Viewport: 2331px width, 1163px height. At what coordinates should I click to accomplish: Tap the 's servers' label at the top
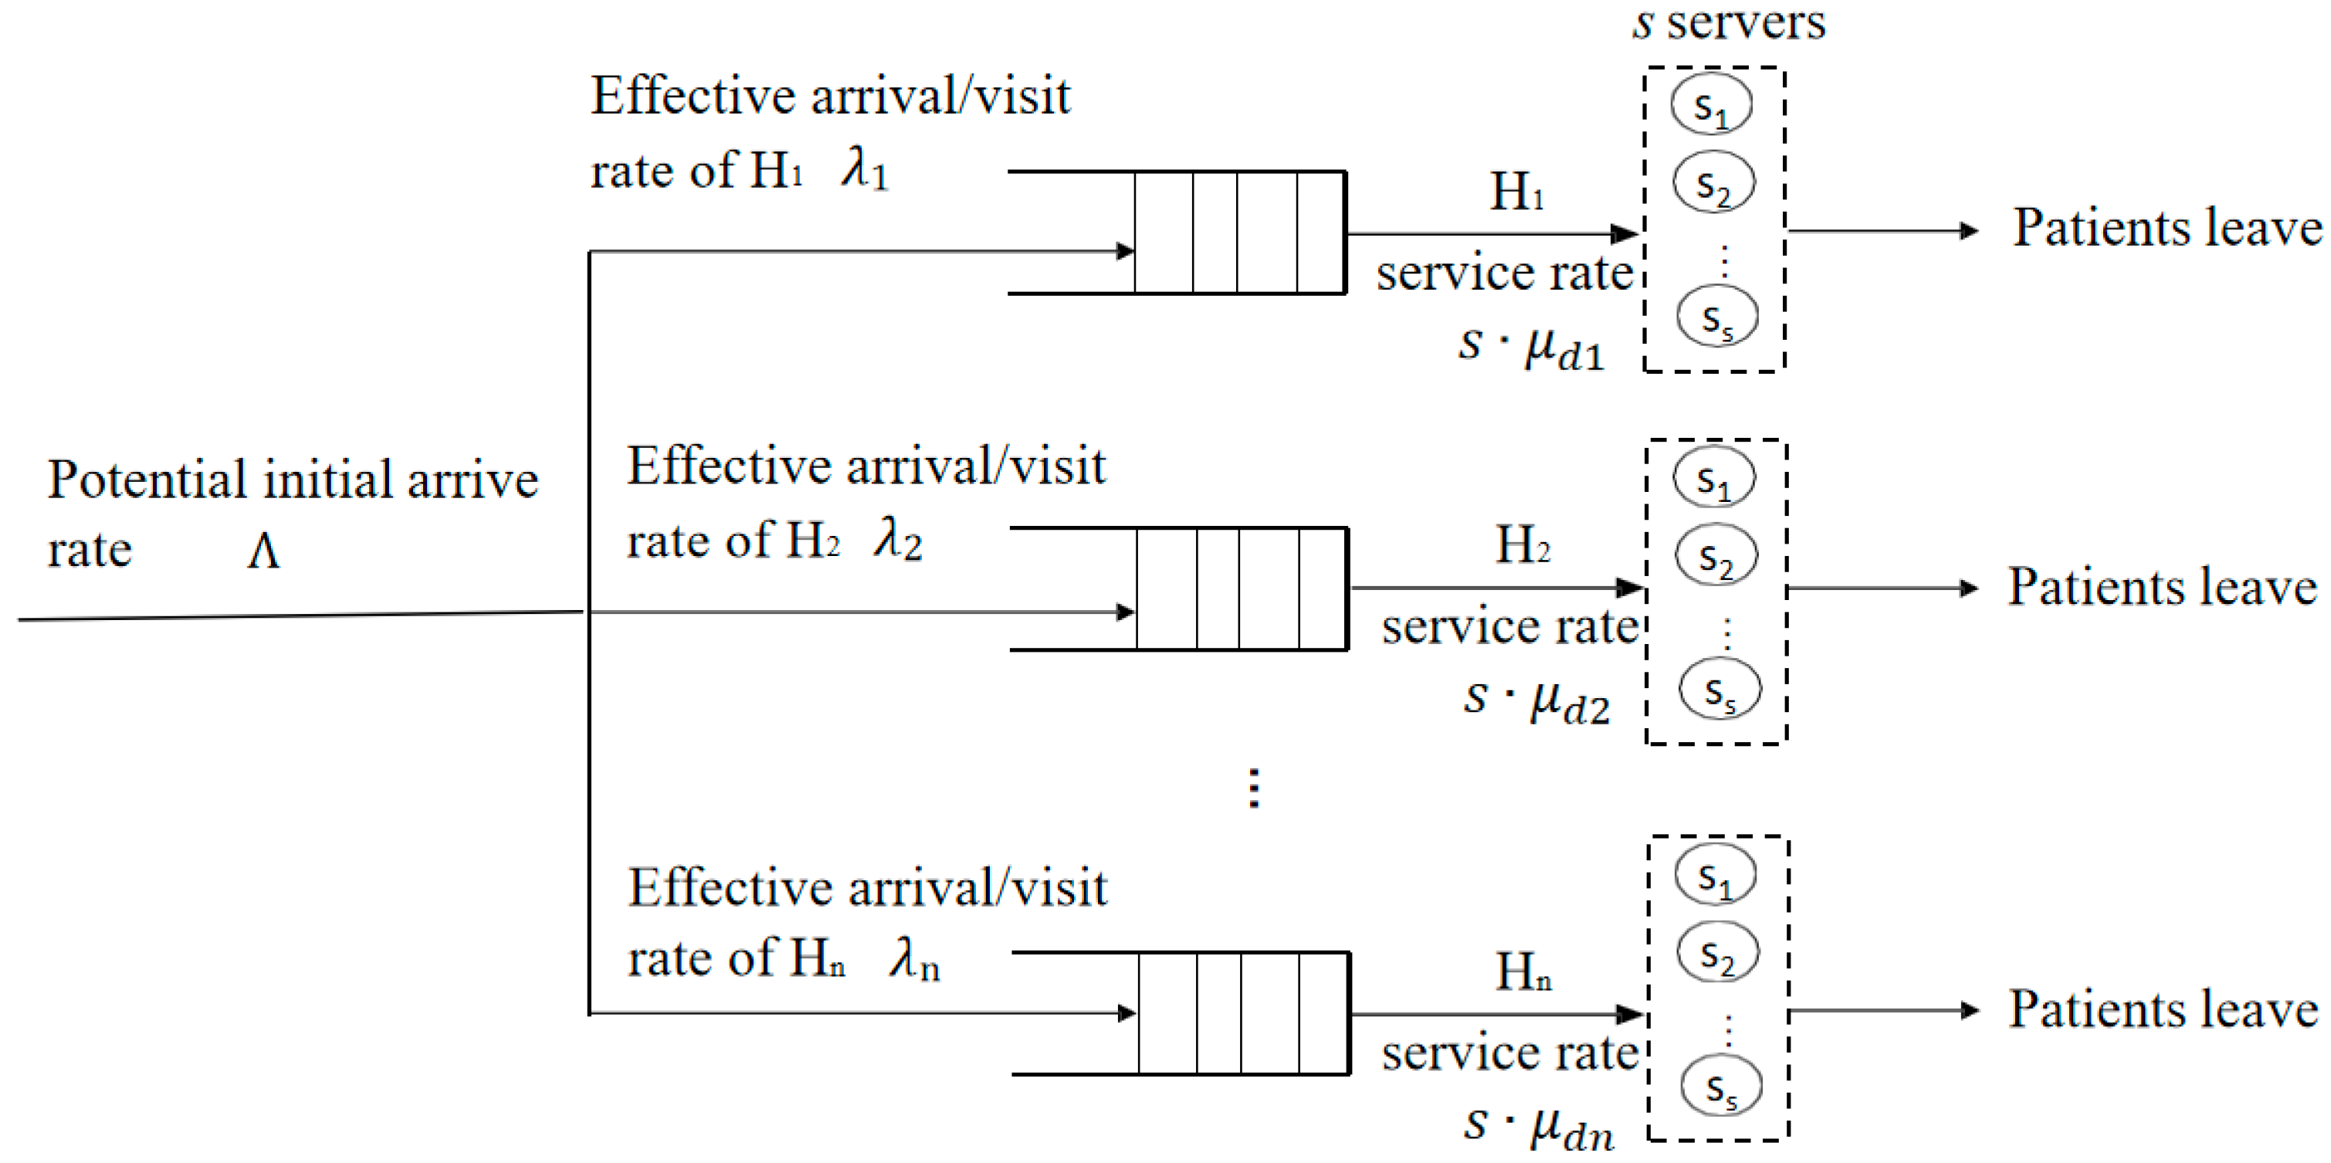(1728, 23)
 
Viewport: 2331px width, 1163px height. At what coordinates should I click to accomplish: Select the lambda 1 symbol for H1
(865, 169)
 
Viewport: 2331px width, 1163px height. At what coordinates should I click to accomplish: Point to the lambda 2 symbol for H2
(898, 541)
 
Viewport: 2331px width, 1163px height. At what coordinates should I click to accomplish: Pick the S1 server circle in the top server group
(1710, 105)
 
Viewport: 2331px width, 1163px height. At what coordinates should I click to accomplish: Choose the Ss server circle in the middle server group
(1719, 690)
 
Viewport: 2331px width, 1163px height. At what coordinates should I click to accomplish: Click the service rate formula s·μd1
(1530, 346)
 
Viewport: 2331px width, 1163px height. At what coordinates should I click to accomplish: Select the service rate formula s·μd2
(1536, 700)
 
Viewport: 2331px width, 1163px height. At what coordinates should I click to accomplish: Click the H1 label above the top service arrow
(1516, 192)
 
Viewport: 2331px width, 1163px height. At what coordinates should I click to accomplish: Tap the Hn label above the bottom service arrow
(1523, 972)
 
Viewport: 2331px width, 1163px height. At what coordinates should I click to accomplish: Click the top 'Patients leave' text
(2167, 227)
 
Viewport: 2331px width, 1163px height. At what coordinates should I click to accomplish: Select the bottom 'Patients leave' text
(2163, 1009)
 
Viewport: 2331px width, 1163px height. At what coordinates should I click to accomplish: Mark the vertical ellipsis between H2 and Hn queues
(1253, 788)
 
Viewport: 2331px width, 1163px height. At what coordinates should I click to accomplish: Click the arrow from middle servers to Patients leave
(1882, 589)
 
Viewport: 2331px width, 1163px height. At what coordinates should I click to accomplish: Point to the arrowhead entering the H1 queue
(1125, 251)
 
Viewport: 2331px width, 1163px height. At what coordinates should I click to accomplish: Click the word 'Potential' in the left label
(146, 480)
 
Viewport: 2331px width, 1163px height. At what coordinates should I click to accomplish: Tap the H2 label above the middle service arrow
(1522, 545)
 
